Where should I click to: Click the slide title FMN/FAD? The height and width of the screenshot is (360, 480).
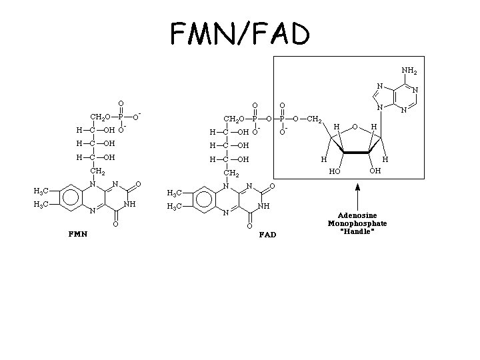point(239,33)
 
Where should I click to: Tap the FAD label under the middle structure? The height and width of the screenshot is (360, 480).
point(267,235)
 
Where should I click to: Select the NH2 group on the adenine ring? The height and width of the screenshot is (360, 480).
point(410,70)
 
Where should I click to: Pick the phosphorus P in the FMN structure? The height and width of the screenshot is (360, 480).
point(121,116)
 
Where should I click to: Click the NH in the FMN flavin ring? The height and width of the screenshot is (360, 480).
point(130,204)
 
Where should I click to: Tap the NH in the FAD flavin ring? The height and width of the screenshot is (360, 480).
point(264,206)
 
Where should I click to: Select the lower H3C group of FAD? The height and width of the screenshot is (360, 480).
point(175,207)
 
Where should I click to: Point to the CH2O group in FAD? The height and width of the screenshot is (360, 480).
point(235,119)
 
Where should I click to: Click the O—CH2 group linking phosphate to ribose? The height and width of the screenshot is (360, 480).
point(308,120)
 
